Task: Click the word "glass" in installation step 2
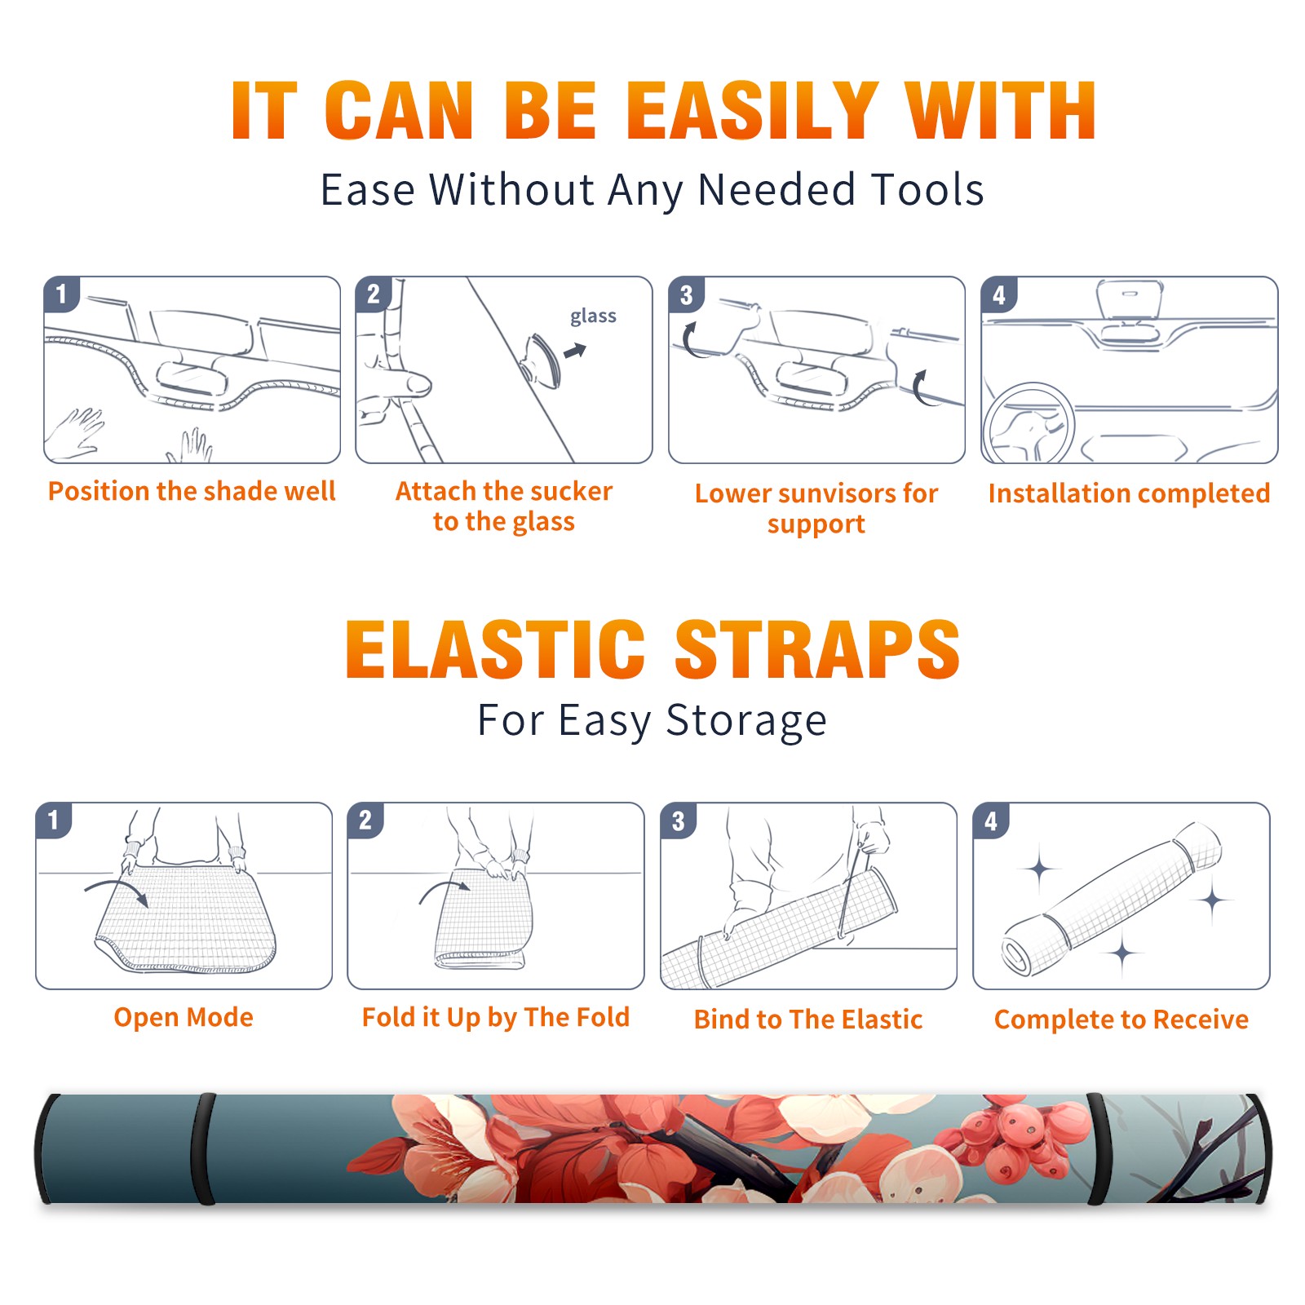[x=593, y=316]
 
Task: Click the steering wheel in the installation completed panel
[x=1028, y=423]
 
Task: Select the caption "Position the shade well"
[x=192, y=491]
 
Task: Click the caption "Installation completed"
[x=1129, y=493]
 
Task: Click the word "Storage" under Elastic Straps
[x=746, y=721]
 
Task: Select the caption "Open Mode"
[x=184, y=1017]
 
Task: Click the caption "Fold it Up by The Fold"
[x=496, y=1017]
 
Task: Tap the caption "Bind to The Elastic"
[x=808, y=1020]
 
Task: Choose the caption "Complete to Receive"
[x=1121, y=1020]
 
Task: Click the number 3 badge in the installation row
[x=686, y=294]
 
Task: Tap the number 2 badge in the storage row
[x=365, y=820]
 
